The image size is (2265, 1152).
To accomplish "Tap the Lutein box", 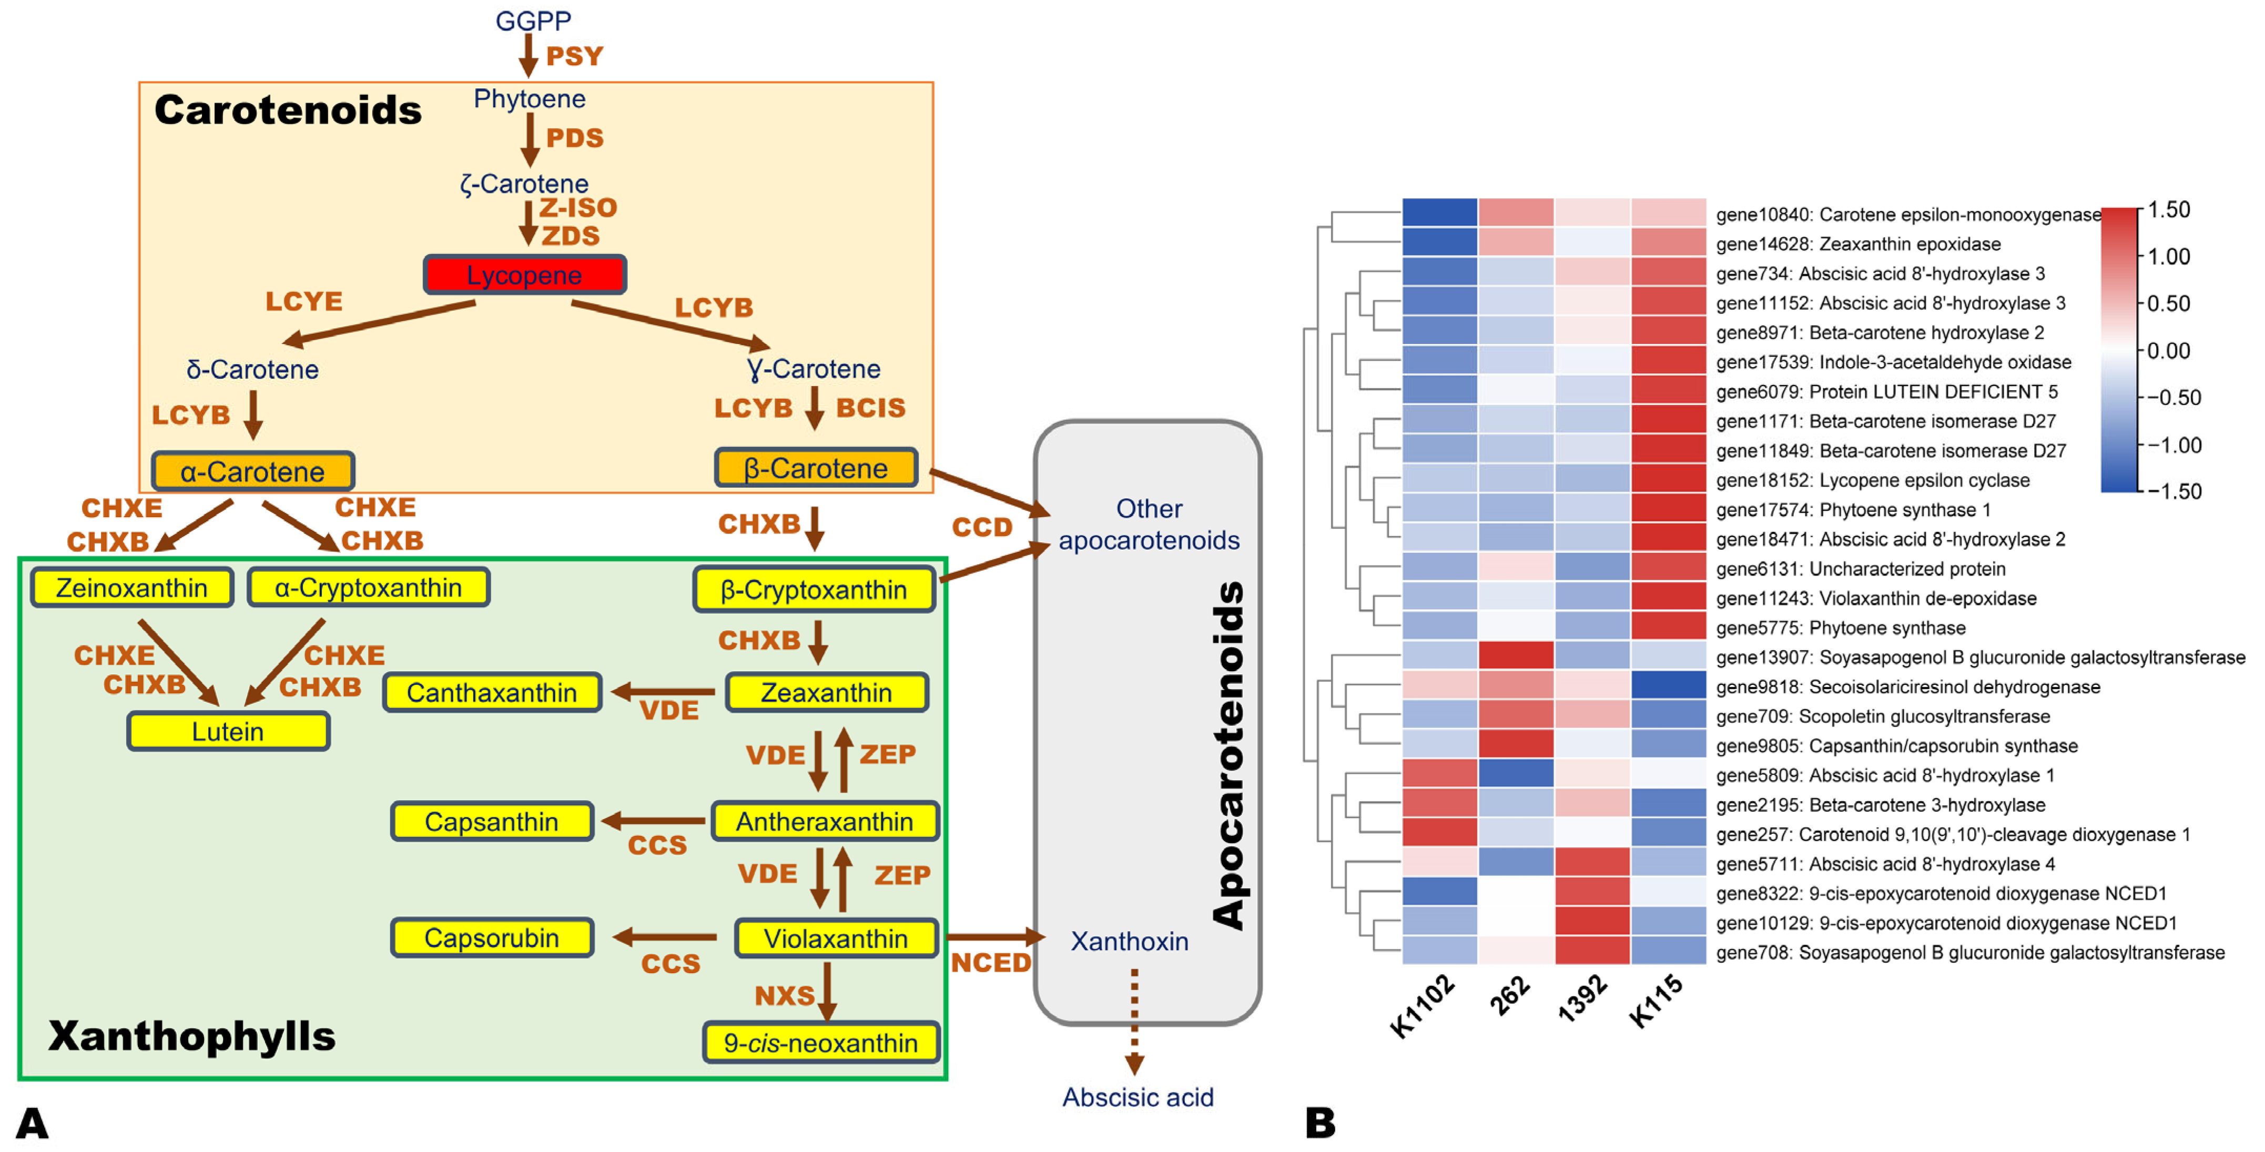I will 228,732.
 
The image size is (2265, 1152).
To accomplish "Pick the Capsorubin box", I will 492,938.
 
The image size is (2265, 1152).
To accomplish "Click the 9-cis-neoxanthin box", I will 820,1043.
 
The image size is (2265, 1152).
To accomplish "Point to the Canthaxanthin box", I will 492,693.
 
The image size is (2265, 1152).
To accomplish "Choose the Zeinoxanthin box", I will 132,588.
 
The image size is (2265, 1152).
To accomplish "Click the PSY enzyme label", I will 574,56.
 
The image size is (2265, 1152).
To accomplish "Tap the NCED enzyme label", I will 991,963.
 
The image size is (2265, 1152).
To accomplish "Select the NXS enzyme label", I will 784,995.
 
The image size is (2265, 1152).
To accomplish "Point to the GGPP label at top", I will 533,20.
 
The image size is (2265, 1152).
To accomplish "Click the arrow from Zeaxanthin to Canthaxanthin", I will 664,692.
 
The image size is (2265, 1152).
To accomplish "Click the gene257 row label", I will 1952,834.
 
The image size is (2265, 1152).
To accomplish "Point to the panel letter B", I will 1320,1123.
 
